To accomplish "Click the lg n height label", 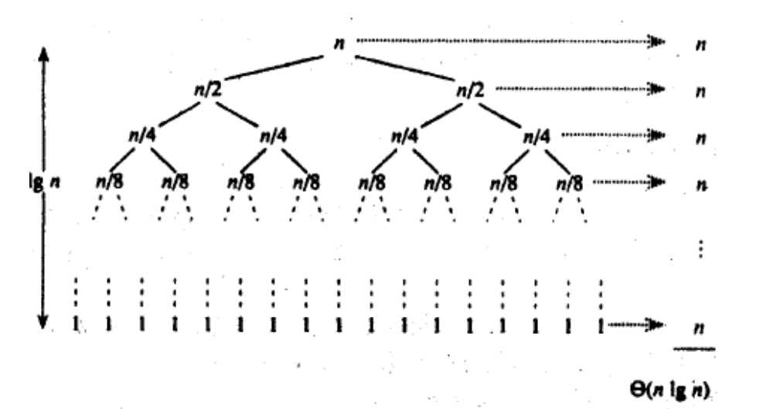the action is coord(36,186).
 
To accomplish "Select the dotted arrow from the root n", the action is coord(510,40).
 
